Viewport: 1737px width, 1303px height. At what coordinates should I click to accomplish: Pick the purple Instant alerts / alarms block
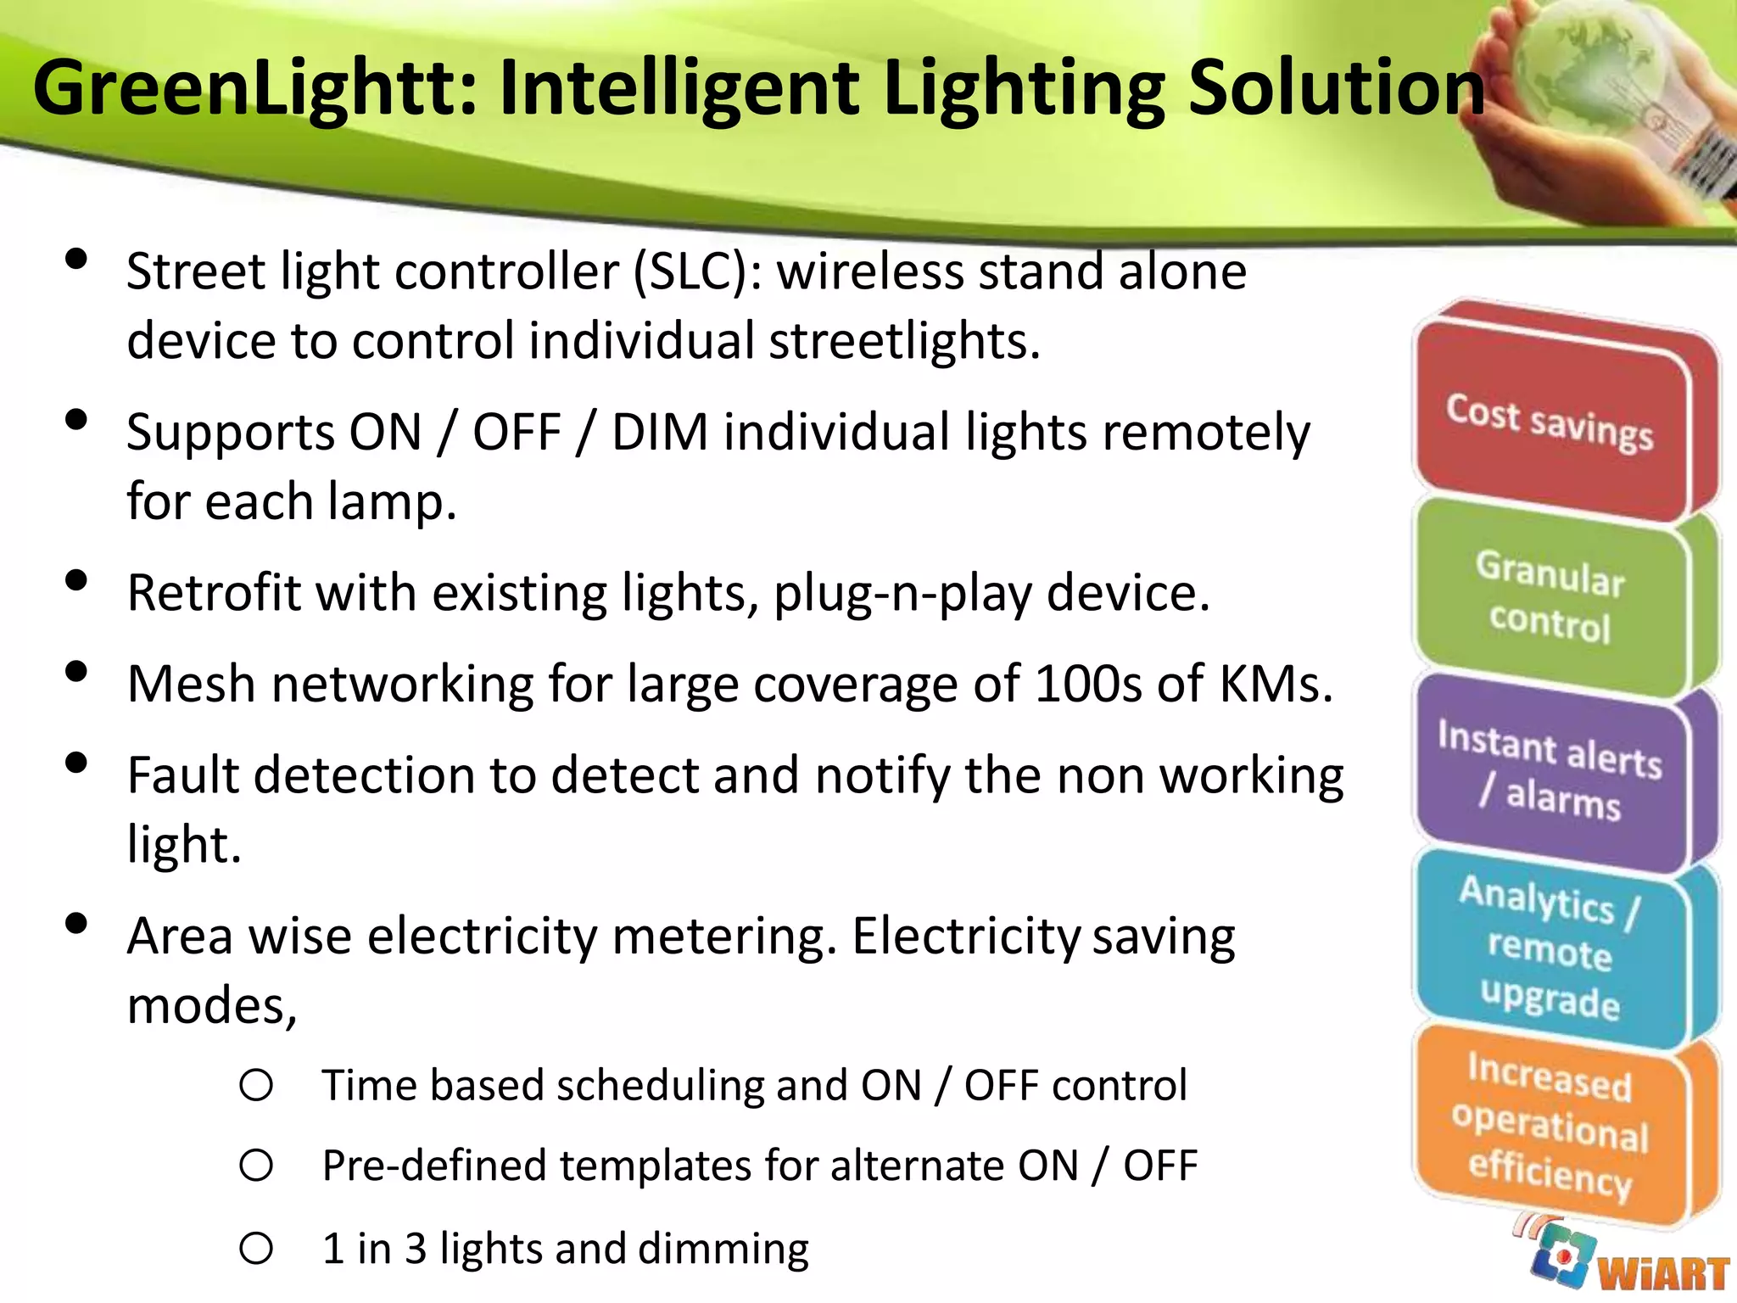point(1550,771)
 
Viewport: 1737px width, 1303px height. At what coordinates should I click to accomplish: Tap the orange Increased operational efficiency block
point(1550,1124)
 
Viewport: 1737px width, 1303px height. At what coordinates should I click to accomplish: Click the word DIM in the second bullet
point(659,433)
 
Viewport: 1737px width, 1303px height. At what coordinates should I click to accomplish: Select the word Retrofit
point(213,593)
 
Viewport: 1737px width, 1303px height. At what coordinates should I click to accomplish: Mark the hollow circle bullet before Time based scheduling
point(256,1085)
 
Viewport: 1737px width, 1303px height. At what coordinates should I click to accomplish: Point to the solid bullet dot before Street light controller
point(76,259)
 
